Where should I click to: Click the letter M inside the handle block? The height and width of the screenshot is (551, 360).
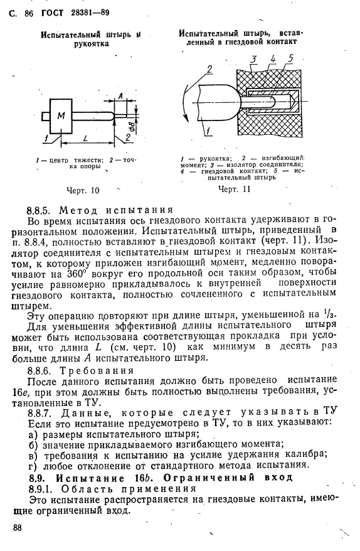point(61,115)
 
